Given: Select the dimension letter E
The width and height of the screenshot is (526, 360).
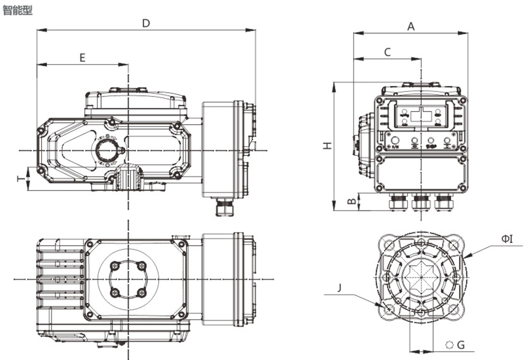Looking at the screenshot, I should coord(82,58).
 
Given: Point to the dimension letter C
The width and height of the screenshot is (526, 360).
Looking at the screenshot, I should coord(388,52).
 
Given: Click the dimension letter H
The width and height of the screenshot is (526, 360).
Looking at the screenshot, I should coord(327,145).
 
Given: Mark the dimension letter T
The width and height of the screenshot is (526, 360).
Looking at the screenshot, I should coord(21,179).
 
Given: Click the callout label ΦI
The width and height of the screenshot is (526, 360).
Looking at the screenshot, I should coord(507,238).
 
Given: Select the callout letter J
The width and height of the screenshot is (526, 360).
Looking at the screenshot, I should coord(340,288).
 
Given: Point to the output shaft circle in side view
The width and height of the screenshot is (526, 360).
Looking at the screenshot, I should coord(107,151).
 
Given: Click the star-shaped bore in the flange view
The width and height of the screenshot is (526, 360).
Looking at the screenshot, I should coord(421,276).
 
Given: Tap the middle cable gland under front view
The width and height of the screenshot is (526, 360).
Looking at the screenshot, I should coord(421,202).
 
